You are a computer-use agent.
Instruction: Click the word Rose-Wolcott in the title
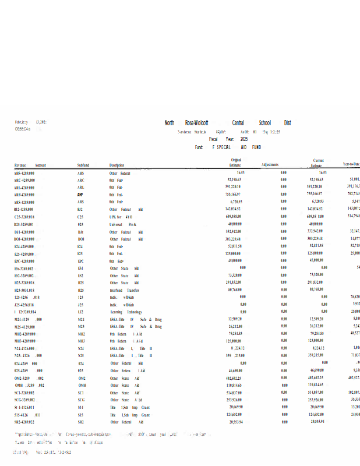tap(196, 123)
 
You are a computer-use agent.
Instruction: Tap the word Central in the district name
tap(238, 123)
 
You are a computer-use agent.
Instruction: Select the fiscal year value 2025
tap(243, 140)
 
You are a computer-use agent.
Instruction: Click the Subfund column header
tap(83, 165)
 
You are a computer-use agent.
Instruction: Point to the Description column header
tap(117, 165)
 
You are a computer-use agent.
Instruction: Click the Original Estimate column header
tap(235, 163)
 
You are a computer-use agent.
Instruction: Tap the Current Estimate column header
tap(318, 163)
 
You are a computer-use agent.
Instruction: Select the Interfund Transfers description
tap(125, 290)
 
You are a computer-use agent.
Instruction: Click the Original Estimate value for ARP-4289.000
tap(233, 195)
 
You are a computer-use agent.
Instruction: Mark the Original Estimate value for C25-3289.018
tap(233, 217)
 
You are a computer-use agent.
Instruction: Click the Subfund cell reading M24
tap(81, 319)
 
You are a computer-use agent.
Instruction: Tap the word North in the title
tap(170, 123)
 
